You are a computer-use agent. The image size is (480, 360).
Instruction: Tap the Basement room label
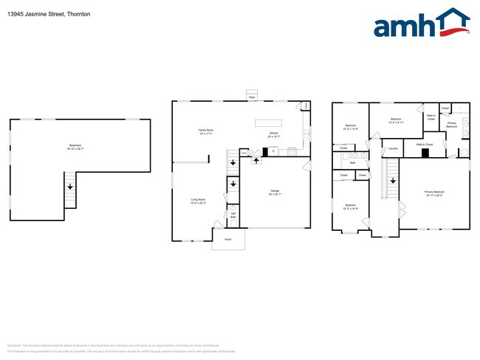click(x=75, y=147)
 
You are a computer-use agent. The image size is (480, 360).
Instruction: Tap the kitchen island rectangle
click(x=270, y=121)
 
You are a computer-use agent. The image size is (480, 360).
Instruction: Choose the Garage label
click(x=274, y=194)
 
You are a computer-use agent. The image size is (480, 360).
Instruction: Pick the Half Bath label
click(x=233, y=215)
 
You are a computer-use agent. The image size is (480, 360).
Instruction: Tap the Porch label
click(x=227, y=239)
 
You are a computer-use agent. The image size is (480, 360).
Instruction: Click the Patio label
click(x=251, y=97)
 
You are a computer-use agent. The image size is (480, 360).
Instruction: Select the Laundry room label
click(x=393, y=148)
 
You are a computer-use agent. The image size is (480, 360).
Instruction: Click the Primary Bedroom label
click(x=434, y=193)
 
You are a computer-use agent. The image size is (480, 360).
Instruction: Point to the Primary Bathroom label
click(x=452, y=125)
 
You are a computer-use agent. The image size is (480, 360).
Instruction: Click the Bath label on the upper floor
click(x=353, y=162)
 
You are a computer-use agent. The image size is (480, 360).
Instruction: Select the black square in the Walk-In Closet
click(x=425, y=153)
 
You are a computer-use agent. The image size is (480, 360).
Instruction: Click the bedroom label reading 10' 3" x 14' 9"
click(x=350, y=207)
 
